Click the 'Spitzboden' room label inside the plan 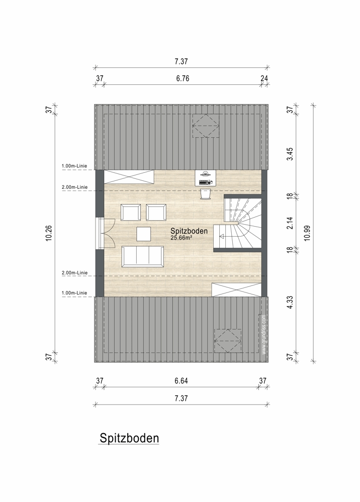(189, 231)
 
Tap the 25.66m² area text (182, 238)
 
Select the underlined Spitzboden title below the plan (129, 438)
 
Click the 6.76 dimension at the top (183, 78)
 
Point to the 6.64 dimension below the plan (181, 381)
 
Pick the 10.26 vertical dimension (49, 233)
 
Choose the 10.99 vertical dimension (307, 233)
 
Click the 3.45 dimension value (290, 154)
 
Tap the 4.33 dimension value (290, 302)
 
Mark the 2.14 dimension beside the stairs (290, 223)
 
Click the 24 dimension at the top (264, 78)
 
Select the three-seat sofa (142, 256)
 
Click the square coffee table (143, 234)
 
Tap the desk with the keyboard (205, 178)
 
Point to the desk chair (205, 194)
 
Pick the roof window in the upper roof (206, 126)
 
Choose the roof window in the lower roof (228, 341)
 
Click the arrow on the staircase (228, 237)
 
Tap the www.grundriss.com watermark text (263, 335)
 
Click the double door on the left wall (106, 233)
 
